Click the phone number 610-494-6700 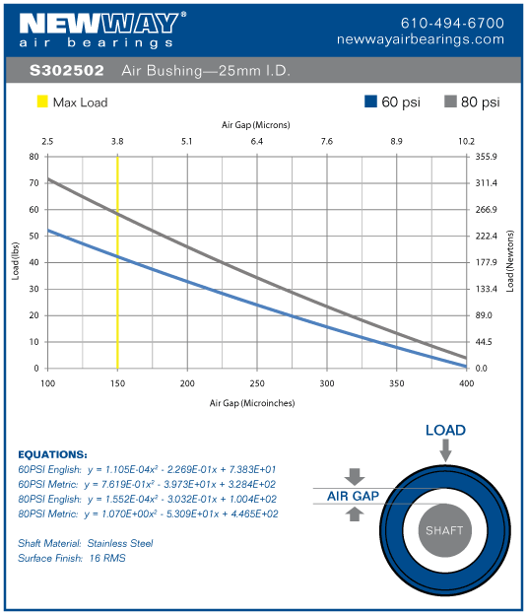452,22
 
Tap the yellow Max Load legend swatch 42,102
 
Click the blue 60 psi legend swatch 371,102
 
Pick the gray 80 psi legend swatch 452,102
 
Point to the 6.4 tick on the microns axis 257,142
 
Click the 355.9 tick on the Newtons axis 488,157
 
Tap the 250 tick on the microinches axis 257,382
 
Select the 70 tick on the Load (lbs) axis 34,183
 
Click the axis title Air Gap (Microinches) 252,403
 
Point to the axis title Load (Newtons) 510,262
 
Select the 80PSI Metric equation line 149,513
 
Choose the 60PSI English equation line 149,469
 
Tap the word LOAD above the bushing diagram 445,431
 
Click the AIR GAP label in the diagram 353,497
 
